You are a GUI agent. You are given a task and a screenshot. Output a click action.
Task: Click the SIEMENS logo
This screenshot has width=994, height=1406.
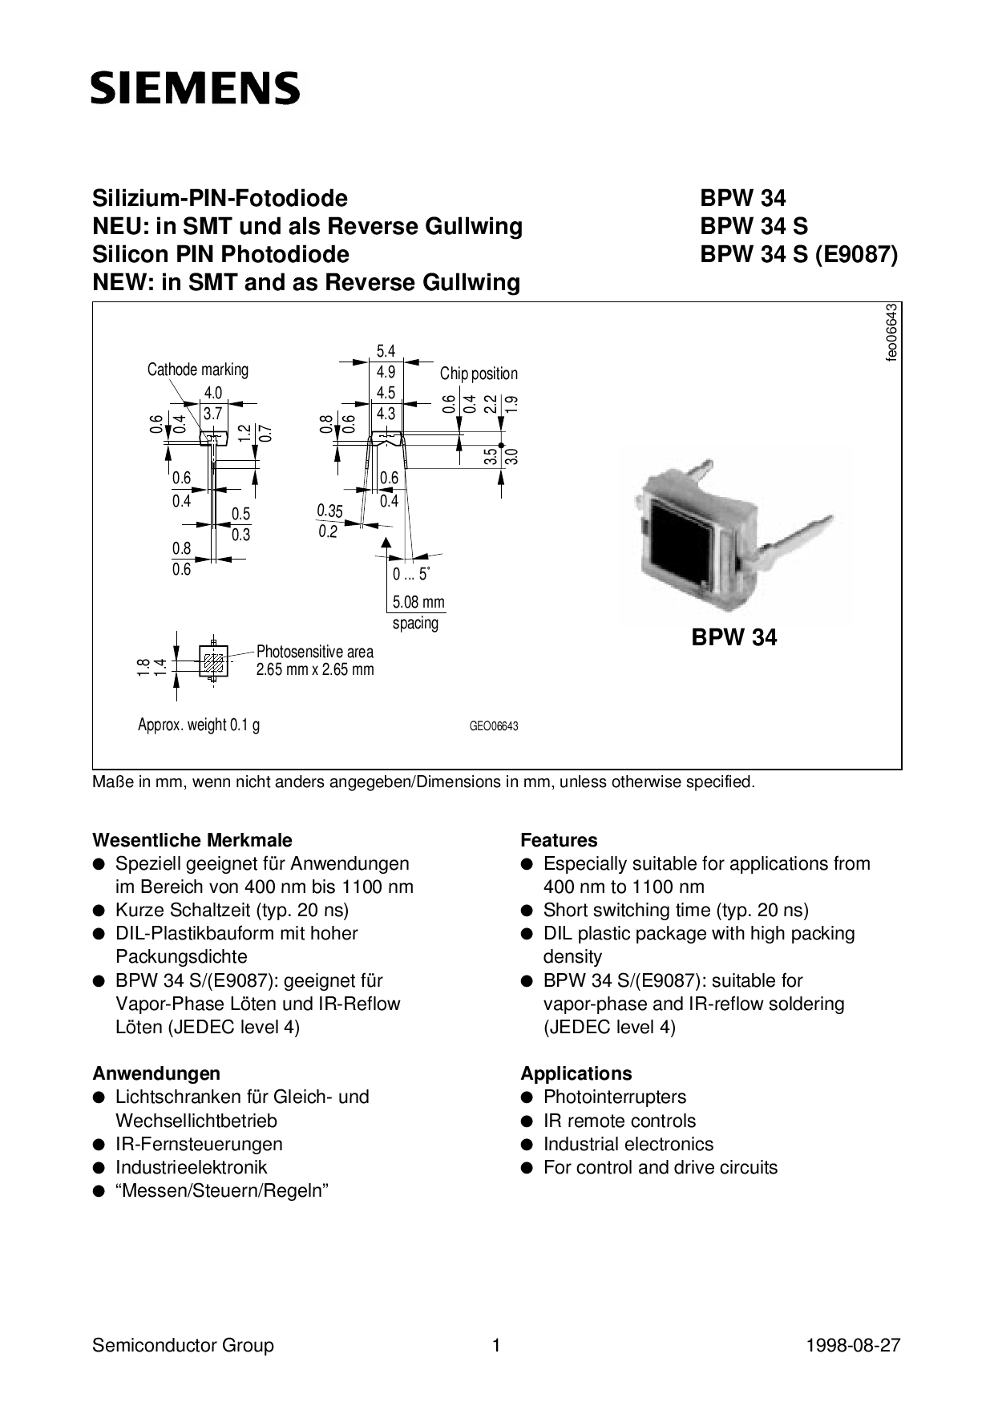coord(195,88)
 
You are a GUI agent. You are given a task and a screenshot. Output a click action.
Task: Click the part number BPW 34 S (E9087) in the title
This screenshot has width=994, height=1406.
coord(798,254)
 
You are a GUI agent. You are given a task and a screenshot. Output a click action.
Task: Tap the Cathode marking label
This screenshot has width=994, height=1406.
coord(198,370)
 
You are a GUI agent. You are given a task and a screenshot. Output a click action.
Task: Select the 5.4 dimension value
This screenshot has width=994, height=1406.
coord(386,351)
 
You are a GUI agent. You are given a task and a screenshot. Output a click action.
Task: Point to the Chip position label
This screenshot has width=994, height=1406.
coord(479,374)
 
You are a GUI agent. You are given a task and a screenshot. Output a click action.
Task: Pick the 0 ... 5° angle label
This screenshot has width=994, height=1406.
coord(411,574)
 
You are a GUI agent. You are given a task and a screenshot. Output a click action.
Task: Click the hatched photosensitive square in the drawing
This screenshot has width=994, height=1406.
coord(213,662)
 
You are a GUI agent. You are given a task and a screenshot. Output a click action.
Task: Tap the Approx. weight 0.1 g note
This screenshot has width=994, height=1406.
coord(199,725)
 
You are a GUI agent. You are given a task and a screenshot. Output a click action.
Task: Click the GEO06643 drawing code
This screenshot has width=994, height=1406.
coord(494,726)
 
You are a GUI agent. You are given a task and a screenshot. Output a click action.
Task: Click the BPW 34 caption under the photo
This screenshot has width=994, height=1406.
coord(733,638)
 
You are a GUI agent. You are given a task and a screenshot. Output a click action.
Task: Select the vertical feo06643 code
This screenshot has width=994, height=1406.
coord(891,333)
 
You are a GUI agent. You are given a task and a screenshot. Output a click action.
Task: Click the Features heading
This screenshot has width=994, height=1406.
coord(559,840)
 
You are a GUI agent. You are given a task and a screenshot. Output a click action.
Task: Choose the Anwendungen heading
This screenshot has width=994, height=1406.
coord(156,1073)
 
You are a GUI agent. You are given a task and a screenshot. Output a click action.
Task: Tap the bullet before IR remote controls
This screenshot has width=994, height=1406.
coord(527,1121)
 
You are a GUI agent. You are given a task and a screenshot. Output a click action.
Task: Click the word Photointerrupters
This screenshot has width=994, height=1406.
coord(614,1097)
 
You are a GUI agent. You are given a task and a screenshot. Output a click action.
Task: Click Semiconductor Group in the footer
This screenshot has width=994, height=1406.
coord(183,1345)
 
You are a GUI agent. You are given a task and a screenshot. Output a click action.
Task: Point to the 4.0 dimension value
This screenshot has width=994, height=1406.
coord(212,393)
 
